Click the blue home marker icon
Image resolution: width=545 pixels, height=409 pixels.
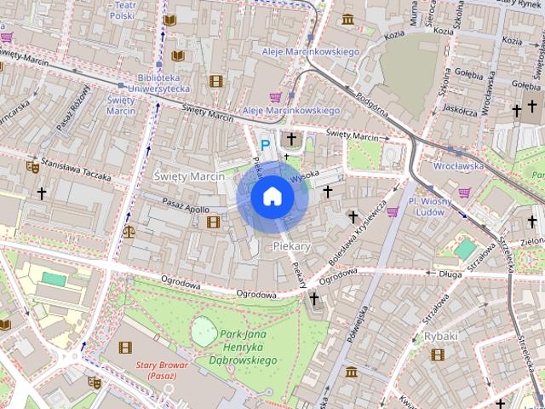pos(272,197)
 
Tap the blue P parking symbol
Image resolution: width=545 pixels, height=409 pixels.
pos(265,146)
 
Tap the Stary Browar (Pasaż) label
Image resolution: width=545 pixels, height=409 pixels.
pos(156,371)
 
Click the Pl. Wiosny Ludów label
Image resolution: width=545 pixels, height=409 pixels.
pos(427,206)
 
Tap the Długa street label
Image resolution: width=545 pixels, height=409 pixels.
pos(449,274)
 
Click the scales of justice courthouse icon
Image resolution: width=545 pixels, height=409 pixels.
pos(129,230)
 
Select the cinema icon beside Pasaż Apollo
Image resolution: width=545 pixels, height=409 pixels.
pos(213,222)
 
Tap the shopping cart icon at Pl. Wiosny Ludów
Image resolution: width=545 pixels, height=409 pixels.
pos(393,211)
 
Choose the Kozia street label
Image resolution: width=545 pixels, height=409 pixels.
pos(394,36)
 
